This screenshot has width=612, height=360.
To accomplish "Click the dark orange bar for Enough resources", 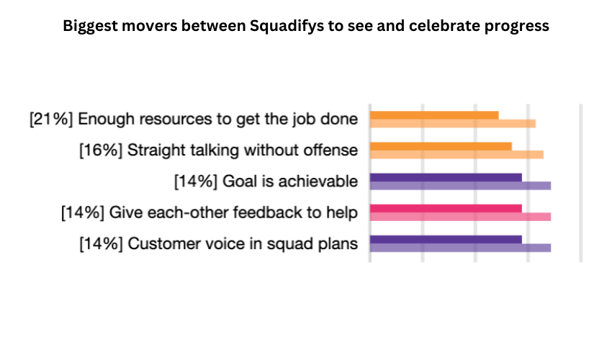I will pyautogui.click(x=434, y=114).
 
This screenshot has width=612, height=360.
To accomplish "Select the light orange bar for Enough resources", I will pyautogui.click(x=452, y=123).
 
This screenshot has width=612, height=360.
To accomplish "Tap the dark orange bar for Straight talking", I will pyautogui.click(x=441, y=146).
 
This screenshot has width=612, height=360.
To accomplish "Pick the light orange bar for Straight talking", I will pyautogui.click(x=456, y=154).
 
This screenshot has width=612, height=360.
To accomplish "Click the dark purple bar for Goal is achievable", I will pyautogui.click(x=446, y=177).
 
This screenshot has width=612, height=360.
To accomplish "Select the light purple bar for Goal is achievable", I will pyautogui.click(x=460, y=186).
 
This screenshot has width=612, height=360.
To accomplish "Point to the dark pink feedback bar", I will pyautogui.click(x=446, y=208).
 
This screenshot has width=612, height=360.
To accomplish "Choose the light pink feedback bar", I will pyautogui.click(x=460, y=217).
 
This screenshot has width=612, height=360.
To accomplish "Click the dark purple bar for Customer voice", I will pyautogui.click(x=446, y=239).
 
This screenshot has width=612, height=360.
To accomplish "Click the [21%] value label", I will pyautogui.click(x=51, y=120).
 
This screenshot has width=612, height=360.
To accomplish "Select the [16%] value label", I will pyautogui.click(x=100, y=150).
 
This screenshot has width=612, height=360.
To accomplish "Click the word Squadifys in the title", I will pyautogui.click(x=283, y=27).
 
